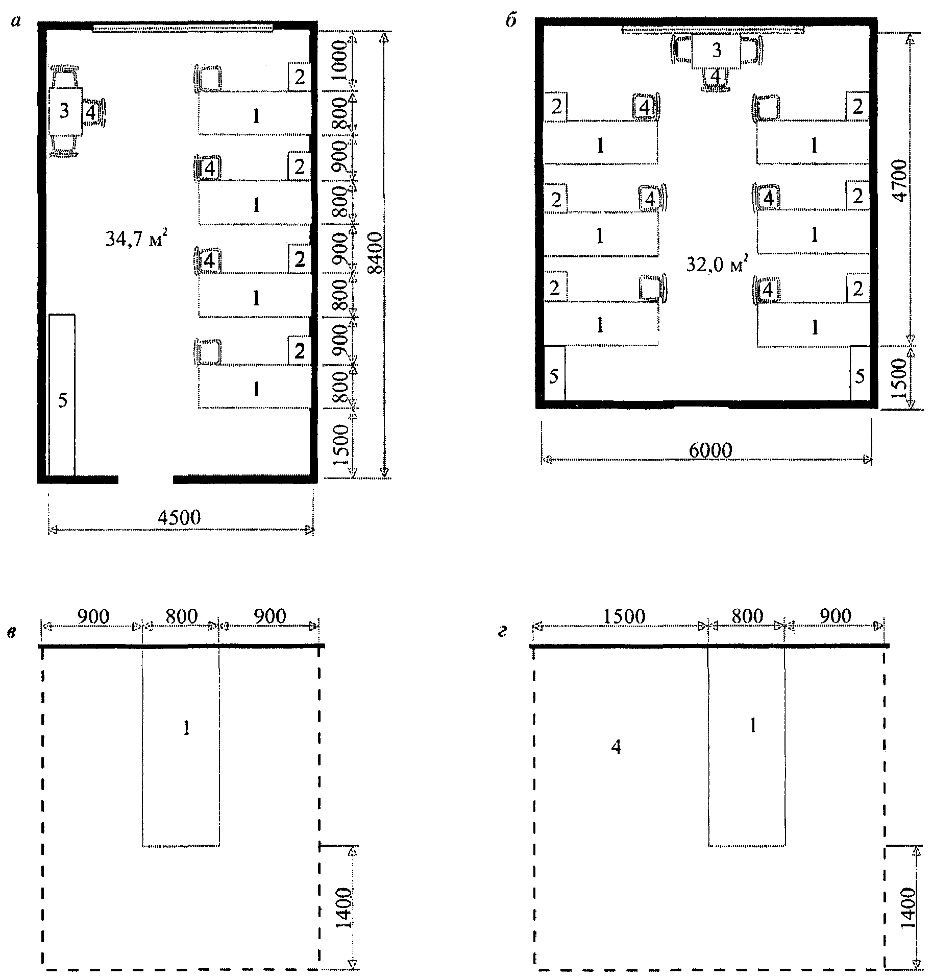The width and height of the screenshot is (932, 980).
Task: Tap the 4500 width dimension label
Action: point(179,517)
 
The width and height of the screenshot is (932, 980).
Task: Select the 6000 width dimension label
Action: point(710,450)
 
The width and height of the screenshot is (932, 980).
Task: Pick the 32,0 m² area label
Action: point(717,265)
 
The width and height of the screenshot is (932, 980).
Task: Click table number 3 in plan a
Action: point(65,111)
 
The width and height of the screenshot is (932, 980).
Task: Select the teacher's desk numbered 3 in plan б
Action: point(716,53)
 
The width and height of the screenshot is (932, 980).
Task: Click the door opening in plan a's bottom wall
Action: point(146,479)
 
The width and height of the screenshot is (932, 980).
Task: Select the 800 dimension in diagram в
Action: point(181,616)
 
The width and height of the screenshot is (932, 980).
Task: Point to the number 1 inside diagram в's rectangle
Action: point(186,729)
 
